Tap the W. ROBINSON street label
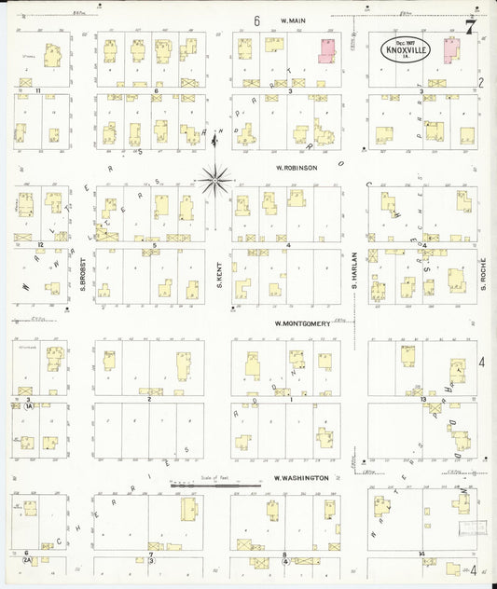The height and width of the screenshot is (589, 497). pos(297,168)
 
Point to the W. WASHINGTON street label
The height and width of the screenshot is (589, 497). pos(300,478)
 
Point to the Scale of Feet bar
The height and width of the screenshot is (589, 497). pos(214,485)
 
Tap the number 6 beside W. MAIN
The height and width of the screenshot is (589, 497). pos(256,20)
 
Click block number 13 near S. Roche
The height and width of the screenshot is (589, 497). pos(423,399)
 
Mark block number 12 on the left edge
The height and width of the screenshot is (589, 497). pos(41,245)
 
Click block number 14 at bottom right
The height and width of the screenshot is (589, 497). pos(422,555)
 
